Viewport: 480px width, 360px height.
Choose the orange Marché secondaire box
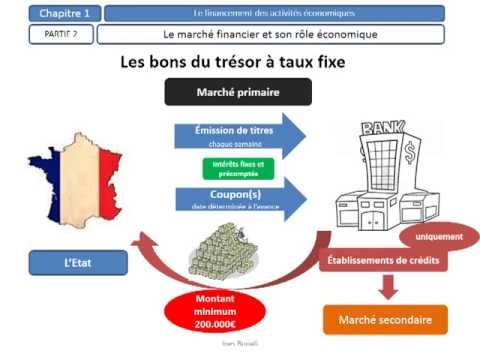pos(384,321)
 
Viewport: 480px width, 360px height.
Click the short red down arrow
pos(384,289)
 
